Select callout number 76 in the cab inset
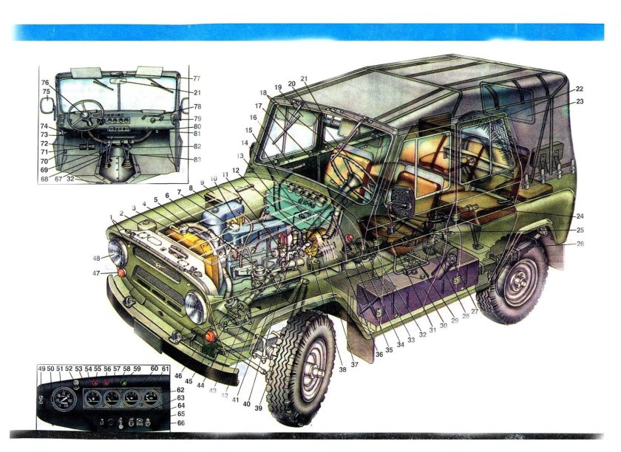click(x=45, y=83)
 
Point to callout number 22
click(x=580, y=89)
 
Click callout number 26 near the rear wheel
click(x=580, y=244)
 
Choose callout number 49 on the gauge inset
click(x=41, y=369)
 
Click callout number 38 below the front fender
click(x=342, y=369)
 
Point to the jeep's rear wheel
click(x=511, y=283)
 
